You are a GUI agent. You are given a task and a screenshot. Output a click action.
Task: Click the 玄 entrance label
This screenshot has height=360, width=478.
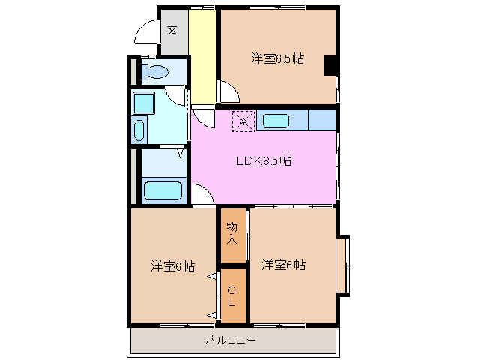[x=172, y=31]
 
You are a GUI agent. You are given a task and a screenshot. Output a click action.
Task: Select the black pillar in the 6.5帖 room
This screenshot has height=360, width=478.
[x=330, y=66]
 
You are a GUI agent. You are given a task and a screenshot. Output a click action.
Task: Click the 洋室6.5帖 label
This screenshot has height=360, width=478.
[x=277, y=58]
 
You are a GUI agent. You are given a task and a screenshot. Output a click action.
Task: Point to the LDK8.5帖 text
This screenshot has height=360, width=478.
[x=264, y=160]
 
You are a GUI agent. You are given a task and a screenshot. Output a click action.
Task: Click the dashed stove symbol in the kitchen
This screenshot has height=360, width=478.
[x=243, y=121]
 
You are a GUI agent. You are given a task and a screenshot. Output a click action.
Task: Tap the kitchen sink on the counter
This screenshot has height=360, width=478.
[x=276, y=121]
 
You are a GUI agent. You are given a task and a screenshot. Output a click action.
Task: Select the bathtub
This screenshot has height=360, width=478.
[x=163, y=190]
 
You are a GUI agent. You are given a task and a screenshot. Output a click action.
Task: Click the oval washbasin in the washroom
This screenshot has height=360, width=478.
[x=139, y=130]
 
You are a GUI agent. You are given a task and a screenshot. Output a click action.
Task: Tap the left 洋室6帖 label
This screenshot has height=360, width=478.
[x=173, y=265]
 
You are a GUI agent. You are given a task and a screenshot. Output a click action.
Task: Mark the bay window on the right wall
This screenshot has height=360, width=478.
[x=342, y=265]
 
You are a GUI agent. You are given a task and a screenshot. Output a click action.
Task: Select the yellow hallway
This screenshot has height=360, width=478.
[x=202, y=56]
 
